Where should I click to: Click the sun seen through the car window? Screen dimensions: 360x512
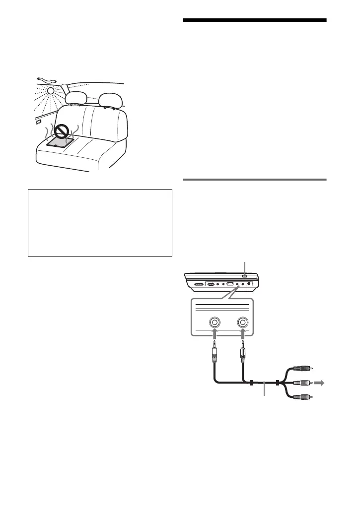pos(51,91)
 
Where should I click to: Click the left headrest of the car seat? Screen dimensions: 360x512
pos(76,99)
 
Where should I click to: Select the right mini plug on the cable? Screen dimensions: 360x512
pos(243,355)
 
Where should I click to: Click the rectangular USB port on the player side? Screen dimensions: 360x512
pos(230,284)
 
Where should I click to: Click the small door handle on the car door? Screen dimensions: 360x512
pos(38,120)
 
